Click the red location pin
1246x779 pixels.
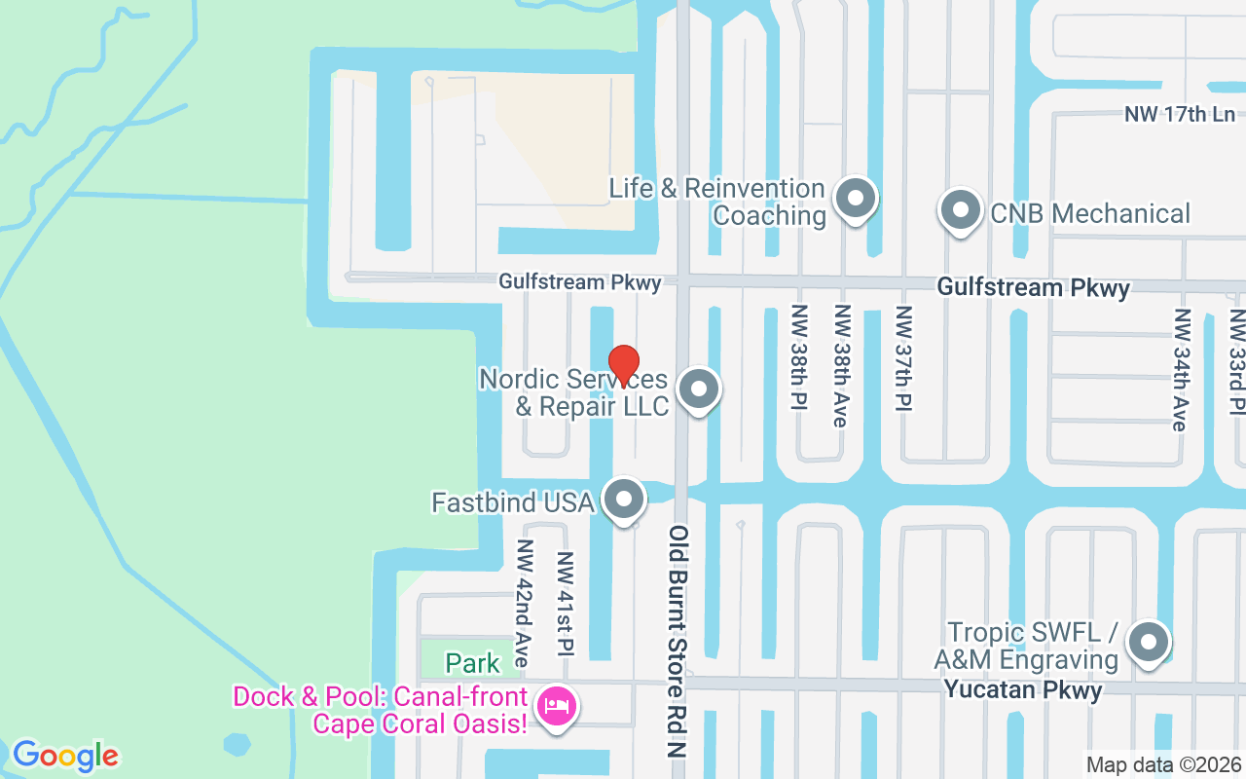tap(623, 365)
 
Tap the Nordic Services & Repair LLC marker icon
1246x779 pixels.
tap(698, 390)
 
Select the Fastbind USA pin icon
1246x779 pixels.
tap(624, 501)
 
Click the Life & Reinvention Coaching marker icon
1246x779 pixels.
tap(856, 199)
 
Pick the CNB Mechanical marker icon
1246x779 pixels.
tap(961, 210)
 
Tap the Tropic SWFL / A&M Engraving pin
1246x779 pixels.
tap(1149, 643)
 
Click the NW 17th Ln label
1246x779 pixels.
tap(1180, 114)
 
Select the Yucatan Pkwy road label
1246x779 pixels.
tap(1023, 690)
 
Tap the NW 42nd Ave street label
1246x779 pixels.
tap(525, 603)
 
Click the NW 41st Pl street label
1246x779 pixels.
tap(565, 605)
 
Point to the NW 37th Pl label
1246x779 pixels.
tap(904, 357)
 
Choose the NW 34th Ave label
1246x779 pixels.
tap(1182, 369)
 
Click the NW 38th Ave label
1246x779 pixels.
tap(840, 365)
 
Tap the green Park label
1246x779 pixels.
tap(472, 664)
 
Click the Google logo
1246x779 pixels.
tap(65, 755)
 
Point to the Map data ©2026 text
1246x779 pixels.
tap(1163, 764)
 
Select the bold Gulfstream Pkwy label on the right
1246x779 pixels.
tap(1033, 287)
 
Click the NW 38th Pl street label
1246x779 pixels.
tap(799, 357)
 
